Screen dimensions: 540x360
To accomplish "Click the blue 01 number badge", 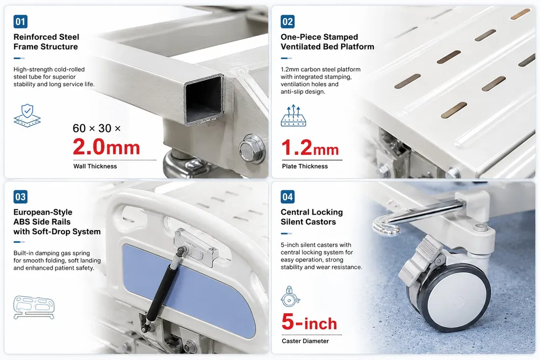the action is pos(20,22).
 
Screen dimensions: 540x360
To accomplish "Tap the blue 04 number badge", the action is pos(288,197).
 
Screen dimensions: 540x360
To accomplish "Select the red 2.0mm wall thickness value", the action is pos(107,147).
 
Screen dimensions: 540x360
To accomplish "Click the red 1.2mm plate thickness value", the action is pos(310,147).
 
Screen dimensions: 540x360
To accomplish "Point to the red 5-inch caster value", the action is pos(309,322).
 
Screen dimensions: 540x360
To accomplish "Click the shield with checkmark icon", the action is pos(27,116).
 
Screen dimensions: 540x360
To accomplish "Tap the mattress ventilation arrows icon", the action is pos(293,115).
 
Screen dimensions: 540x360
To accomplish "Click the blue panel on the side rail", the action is pos(188,289).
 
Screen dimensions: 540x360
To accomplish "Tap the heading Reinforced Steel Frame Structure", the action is pos(46,42).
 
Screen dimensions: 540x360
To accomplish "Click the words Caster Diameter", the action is pos(305,341).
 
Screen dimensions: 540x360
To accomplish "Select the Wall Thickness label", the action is pos(95,166).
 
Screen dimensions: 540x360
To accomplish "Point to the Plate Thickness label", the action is pos(305,166).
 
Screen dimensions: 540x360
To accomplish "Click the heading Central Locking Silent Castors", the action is pos(312,217).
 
